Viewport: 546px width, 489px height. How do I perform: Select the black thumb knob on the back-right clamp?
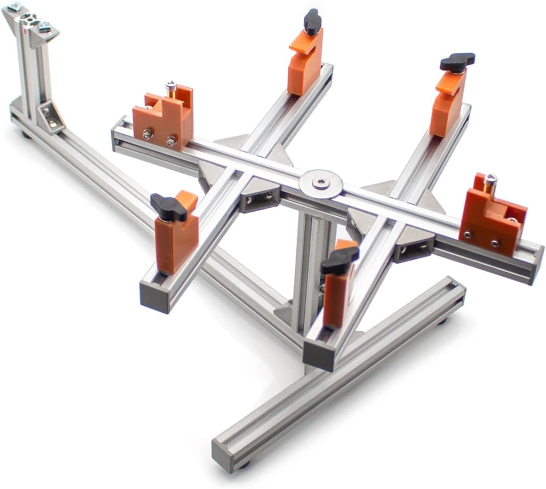coord(458,61)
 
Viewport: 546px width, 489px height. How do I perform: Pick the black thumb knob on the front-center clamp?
coord(340,258)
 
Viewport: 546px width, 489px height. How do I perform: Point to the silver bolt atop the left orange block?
coord(170,85)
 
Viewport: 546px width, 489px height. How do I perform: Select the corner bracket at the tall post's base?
coord(51,115)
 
